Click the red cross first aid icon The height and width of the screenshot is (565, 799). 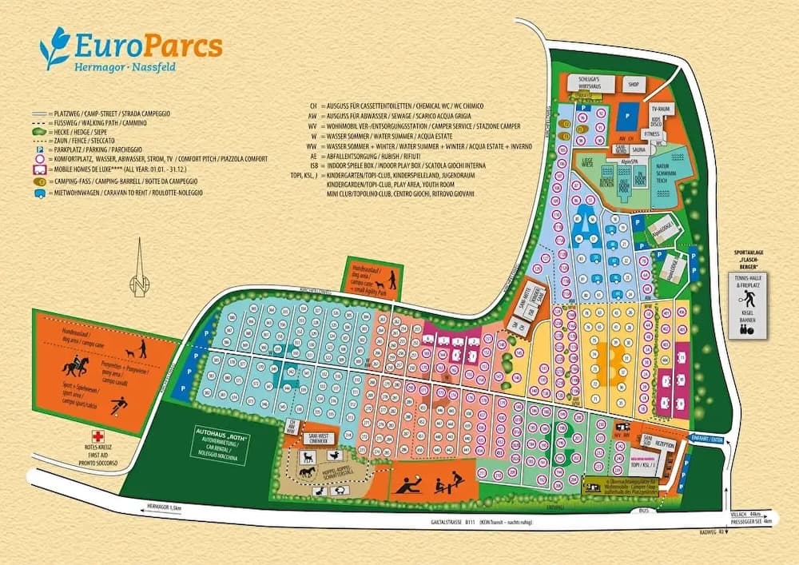click(99, 436)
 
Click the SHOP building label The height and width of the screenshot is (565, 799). click(634, 83)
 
